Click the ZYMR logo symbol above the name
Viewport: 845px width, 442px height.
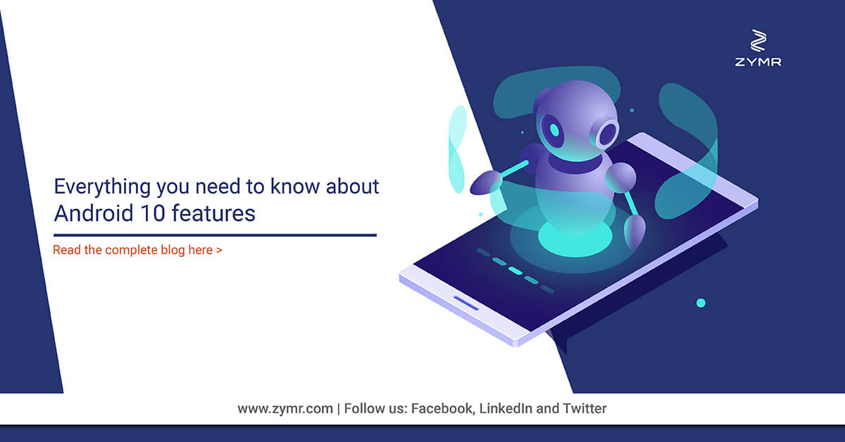coord(758,40)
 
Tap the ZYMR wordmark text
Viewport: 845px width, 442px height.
coord(758,62)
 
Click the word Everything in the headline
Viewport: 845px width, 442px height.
coord(103,187)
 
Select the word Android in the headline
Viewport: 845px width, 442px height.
coord(94,213)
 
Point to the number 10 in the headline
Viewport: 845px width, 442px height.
coord(153,213)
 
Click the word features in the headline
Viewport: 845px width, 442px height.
coord(213,213)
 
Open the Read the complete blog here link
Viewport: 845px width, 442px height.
coord(137,250)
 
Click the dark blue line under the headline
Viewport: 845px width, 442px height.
coord(215,235)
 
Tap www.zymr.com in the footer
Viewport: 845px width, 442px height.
coord(285,409)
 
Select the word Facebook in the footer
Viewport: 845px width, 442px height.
coord(442,408)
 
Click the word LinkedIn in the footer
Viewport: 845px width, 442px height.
coord(506,408)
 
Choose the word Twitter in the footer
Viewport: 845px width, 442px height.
coord(584,408)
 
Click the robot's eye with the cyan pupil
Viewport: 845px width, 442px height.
coord(553,130)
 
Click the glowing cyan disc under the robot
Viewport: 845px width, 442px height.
coord(575,238)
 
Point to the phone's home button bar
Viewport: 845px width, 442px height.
coord(466,303)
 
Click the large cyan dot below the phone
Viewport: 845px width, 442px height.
coord(701,303)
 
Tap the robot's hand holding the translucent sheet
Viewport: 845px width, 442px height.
coord(486,182)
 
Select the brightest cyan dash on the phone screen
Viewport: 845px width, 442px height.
coord(515,271)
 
